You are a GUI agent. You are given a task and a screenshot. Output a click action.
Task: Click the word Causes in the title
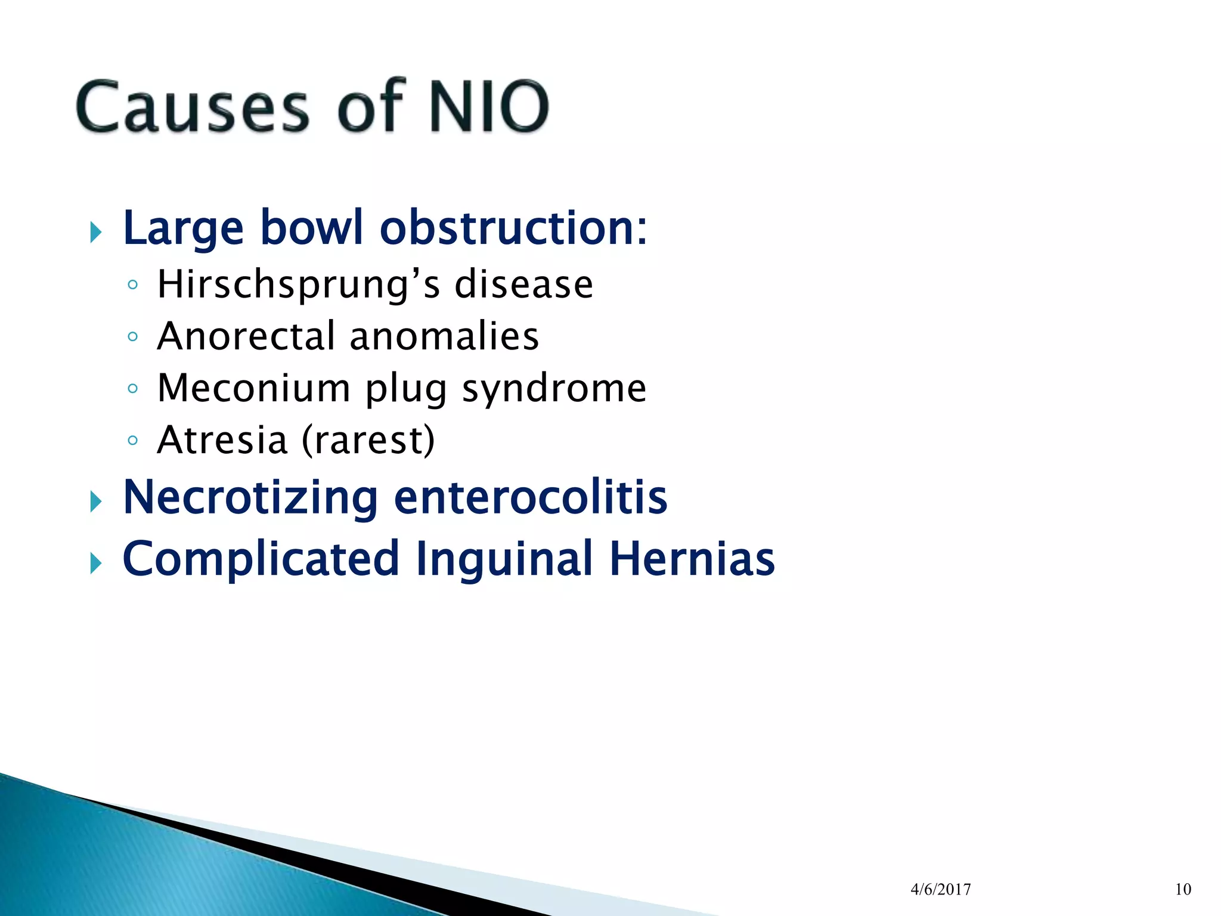(x=192, y=107)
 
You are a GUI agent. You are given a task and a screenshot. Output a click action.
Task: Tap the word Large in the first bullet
(x=183, y=228)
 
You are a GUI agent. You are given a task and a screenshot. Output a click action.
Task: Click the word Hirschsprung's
(x=299, y=284)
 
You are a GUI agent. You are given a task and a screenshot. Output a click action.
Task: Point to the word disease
(x=523, y=284)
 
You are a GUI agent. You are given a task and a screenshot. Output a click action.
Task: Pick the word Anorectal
(x=246, y=336)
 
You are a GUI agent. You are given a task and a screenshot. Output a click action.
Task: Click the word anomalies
(x=444, y=336)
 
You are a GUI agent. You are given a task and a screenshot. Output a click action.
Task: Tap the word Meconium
(x=253, y=388)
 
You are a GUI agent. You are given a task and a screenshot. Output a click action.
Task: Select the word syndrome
(x=554, y=389)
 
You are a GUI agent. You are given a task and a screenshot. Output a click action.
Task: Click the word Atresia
(x=222, y=440)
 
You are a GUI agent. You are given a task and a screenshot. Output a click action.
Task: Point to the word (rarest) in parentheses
(x=368, y=441)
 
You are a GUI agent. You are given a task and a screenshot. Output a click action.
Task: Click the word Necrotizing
(x=250, y=497)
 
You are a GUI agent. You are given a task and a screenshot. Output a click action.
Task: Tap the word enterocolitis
(x=531, y=497)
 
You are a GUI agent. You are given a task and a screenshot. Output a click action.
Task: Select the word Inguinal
(x=504, y=559)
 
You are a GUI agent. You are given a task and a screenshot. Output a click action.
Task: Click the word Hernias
(x=692, y=559)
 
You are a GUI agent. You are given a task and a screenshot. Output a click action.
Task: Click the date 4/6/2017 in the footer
(x=941, y=890)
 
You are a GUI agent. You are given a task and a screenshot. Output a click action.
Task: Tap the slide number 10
(x=1183, y=890)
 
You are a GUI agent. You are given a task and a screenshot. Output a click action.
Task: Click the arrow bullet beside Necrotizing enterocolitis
(x=96, y=502)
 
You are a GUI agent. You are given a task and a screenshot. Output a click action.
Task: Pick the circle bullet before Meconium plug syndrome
(x=132, y=389)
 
